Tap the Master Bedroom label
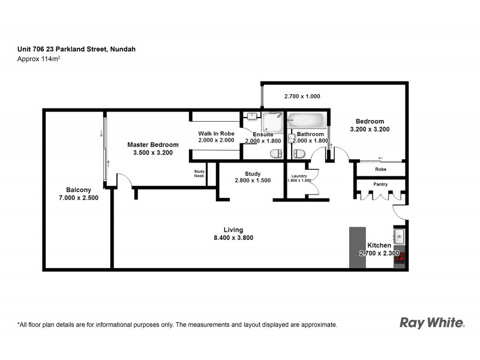point(153,145)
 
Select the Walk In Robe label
point(216,133)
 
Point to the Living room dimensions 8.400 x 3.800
point(233,238)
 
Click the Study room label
point(253,173)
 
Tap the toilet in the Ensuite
point(276,154)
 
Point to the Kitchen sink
point(400,235)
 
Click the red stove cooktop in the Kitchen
point(400,257)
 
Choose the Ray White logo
point(432,323)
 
